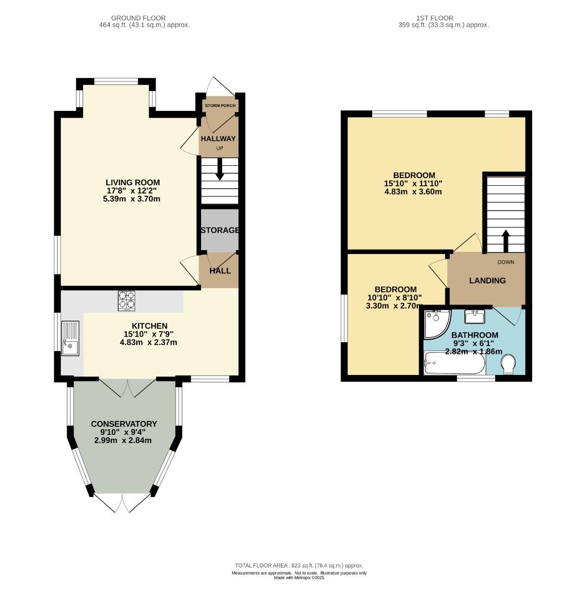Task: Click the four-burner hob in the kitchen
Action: (x=127, y=301)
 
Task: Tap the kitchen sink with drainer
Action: (x=70, y=338)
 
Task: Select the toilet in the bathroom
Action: (x=508, y=364)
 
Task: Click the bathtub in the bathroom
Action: (x=455, y=363)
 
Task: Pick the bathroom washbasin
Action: (x=475, y=316)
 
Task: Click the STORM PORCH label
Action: (x=220, y=105)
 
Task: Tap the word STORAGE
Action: (x=220, y=230)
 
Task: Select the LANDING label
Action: (x=487, y=281)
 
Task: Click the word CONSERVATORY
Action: (x=124, y=424)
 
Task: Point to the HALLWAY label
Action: (x=218, y=138)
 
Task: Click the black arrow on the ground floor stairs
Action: (x=220, y=169)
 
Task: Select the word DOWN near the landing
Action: (x=506, y=262)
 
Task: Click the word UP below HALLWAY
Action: (x=220, y=148)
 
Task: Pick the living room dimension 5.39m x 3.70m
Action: (x=132, y=199)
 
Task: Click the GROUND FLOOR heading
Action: (x=138, y=18)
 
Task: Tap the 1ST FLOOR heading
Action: (x=435, y=18)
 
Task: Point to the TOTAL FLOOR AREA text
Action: (x=299, y=565)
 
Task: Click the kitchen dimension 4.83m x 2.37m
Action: (x=148, y=342)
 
